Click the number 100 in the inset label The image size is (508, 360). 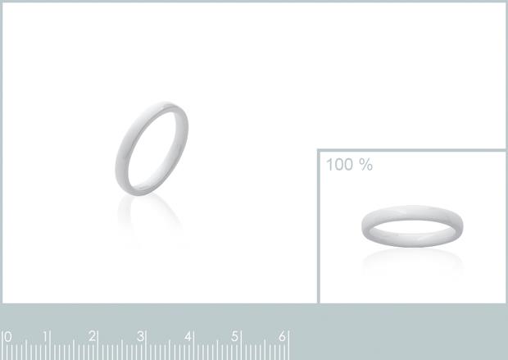[339, 165]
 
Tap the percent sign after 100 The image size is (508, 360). [366, 165]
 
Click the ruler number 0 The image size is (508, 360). [7, 337]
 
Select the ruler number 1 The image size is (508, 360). [46, 337]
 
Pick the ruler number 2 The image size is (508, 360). [93, 336]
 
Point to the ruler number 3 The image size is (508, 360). [140, 336]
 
